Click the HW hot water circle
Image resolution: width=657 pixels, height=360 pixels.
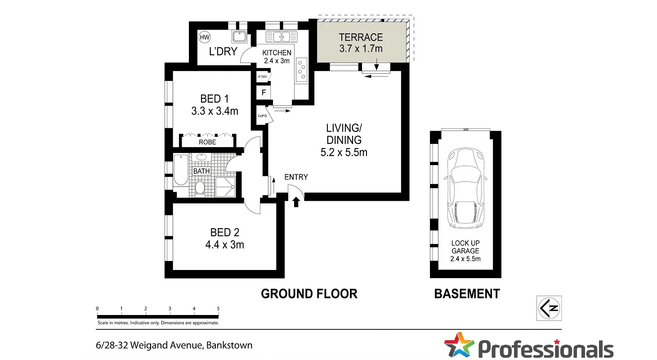click(205, 37)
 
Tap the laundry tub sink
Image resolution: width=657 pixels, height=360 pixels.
click(238, 36)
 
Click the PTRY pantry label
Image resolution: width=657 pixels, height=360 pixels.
click(262, 77)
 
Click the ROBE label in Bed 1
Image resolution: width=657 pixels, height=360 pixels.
click(207, 142)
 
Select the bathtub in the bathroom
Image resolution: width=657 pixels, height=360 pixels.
click(181, 170)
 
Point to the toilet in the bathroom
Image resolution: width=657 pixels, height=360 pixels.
click(200, 189)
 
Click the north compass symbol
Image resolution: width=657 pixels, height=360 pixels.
click(549, 308)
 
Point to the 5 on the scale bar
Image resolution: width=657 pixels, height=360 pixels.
click(218, 308)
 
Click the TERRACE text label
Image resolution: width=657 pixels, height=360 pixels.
click(361, 37)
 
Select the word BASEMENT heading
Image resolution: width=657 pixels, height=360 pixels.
click(466, 294)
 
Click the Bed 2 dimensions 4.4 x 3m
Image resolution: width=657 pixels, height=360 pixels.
click(225, 245)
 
